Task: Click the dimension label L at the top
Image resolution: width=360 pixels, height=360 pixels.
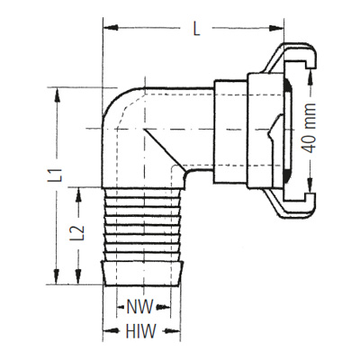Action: (x=196, y=29)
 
